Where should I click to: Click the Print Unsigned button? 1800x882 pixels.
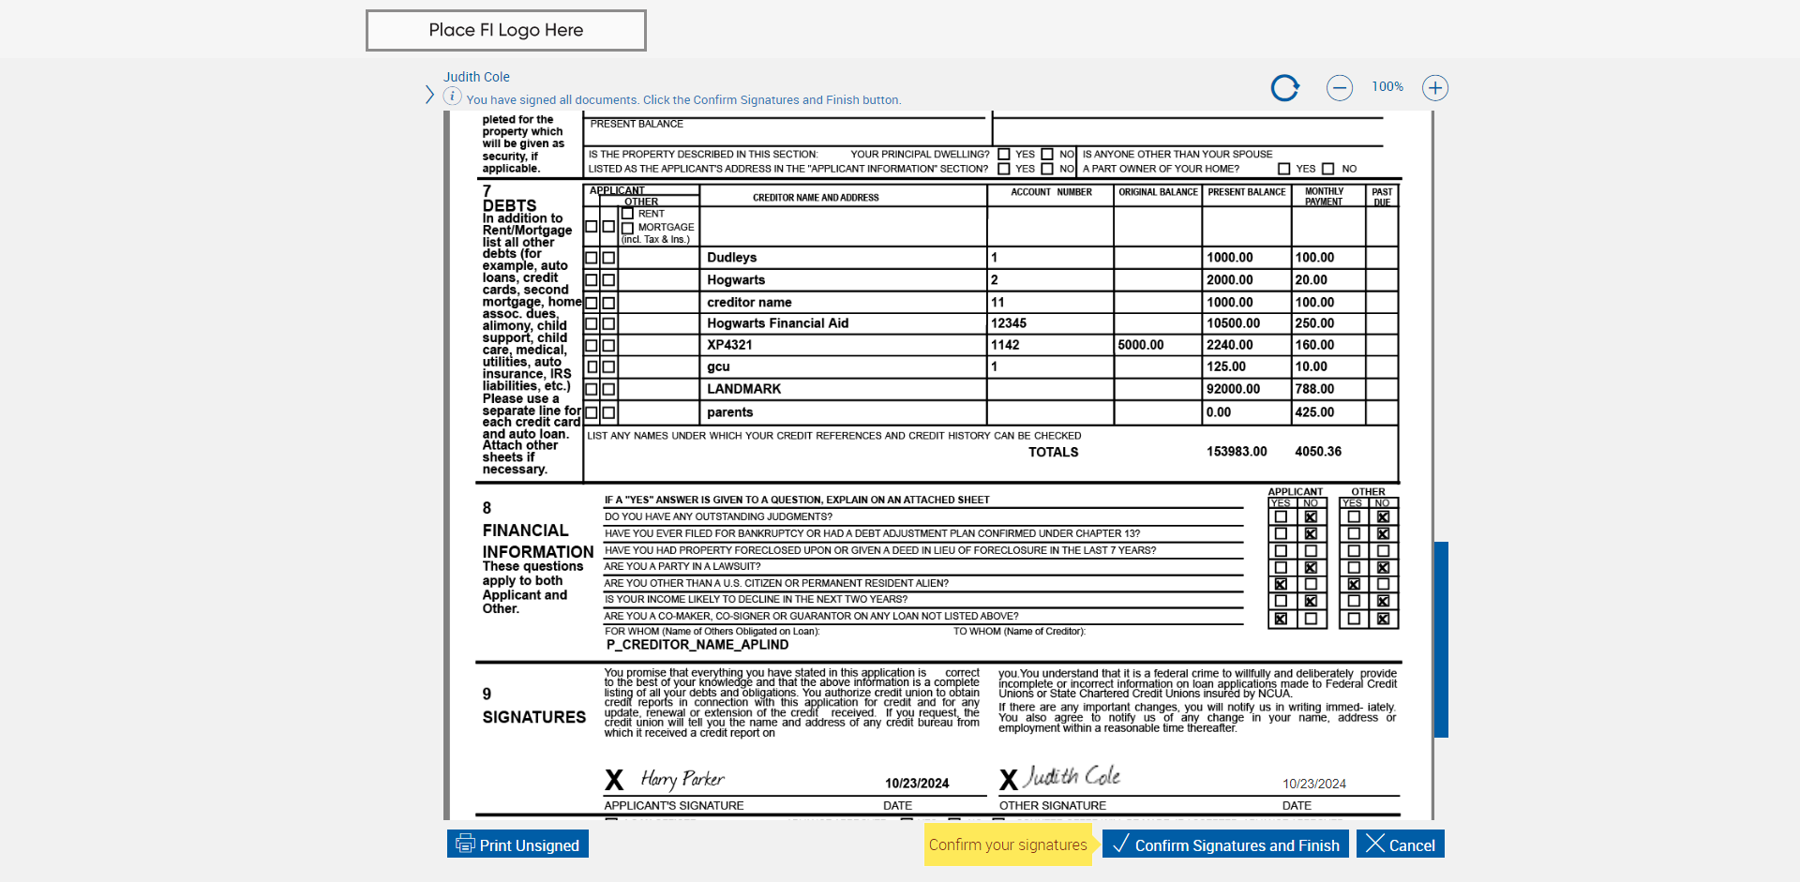pyautogui.click(x=517, y=845)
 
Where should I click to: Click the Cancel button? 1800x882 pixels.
pyautogui.click(x=1401, y=845)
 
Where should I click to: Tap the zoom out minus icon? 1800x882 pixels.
pyautogui.click(x=1339, y=88)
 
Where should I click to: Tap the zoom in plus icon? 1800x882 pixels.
pyautogui.click(x=1434, y=88)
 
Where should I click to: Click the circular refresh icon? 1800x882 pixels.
pyautogui.click(x=1284, y=88)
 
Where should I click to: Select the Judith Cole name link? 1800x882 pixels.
pyautogui.click(x=476, y=77)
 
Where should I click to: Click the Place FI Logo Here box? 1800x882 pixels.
pyautogui.click(x=505, y=30)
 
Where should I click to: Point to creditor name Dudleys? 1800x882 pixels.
pyautogui.click(x=731, y=258)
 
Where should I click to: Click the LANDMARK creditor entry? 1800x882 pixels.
pyautogui.click(x=743, y=389)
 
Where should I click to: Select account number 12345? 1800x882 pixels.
pyautogui.click(x=1009, y=323)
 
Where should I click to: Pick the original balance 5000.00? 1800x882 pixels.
pyautogui.click(x=1140, y=345)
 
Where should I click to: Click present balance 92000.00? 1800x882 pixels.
pyautogui.click(x=1233, y=389)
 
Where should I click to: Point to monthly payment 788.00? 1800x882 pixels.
pyautogui.click(x=1314, y=389)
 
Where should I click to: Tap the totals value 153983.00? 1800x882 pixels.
pyautogui.click(x=1237, y=452)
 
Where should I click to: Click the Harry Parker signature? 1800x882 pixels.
pyautogui.click(x=682, y=779)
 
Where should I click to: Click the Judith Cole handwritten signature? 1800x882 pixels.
pyautogui.click(x=1072, y=777)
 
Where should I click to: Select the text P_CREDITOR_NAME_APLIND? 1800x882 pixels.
pyautogui.click(x=697, y=645)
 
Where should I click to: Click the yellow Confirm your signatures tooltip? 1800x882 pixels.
pyautogui.click(x=1008, y=845)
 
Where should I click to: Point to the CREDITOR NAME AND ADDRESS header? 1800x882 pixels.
pyautogui.click(x=816, y=198)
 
